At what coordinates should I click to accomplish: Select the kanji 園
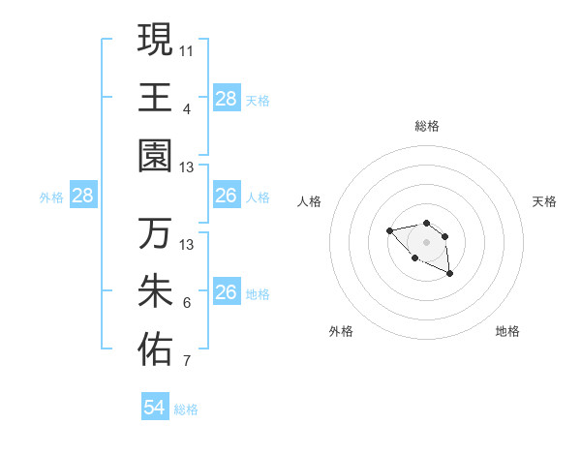pyautogui.click(x=155, y=156)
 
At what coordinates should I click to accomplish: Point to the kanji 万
pyautogui.click(x=155, y=234)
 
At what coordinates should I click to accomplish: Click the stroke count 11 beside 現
pyautogui.click(x=187, y=48)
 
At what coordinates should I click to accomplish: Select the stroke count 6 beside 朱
pyautogui.click(x=187, y=303)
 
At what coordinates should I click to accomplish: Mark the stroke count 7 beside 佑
pyautogui.click(x=187, y=362)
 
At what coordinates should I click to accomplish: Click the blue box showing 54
pyautogui.click(x=155, y=408)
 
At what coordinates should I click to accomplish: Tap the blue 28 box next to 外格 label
pyautogui.click(x=83, y=197)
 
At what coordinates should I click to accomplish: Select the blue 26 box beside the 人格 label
pyautogui.click(x=227, y=197)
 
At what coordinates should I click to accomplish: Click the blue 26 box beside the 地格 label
pyautogui.click(x=227, y=292)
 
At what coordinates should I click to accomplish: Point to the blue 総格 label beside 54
pyautogui.click(x=186, y=409)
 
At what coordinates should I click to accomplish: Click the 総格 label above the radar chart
pyautogui.click(x=426, y=126)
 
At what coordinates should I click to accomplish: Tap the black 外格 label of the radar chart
pyautogui.click(x=341, y=331)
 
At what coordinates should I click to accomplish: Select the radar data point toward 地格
pyautogui.click(x=450, y=275)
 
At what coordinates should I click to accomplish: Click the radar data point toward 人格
pyautogui.click(x=389, y=230)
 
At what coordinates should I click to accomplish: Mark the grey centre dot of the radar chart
pyautogui.click(x=426, y=242)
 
